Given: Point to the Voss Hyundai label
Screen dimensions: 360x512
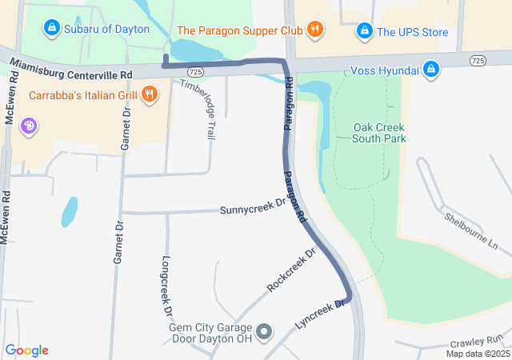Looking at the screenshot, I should (385, 70).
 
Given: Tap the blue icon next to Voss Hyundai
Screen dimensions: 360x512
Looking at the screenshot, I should (431, 70).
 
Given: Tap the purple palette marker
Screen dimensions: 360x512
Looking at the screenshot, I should (29, 126).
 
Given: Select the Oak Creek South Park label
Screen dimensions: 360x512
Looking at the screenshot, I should (379, 133).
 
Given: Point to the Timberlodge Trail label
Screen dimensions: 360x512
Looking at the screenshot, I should (198, 110).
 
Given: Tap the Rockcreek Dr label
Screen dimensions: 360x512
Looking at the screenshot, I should (292, 270).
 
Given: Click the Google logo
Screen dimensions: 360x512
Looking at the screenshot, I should (26, 350).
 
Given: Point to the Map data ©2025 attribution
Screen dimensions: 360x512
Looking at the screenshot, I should (478, 354).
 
